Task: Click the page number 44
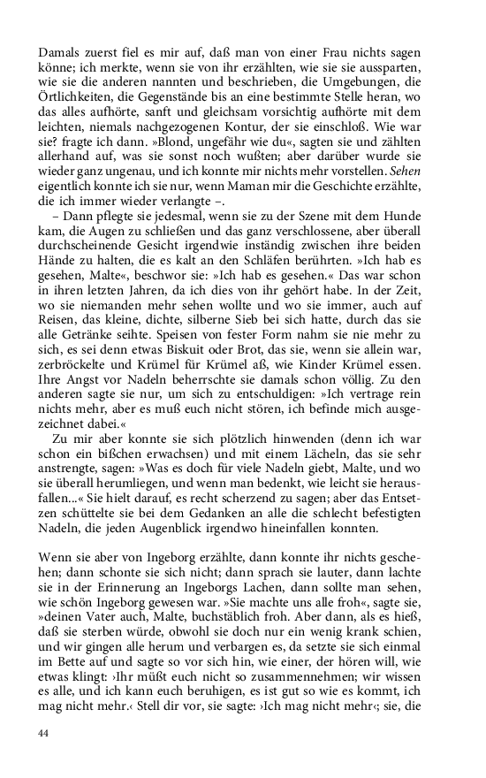tap(43, 733)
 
